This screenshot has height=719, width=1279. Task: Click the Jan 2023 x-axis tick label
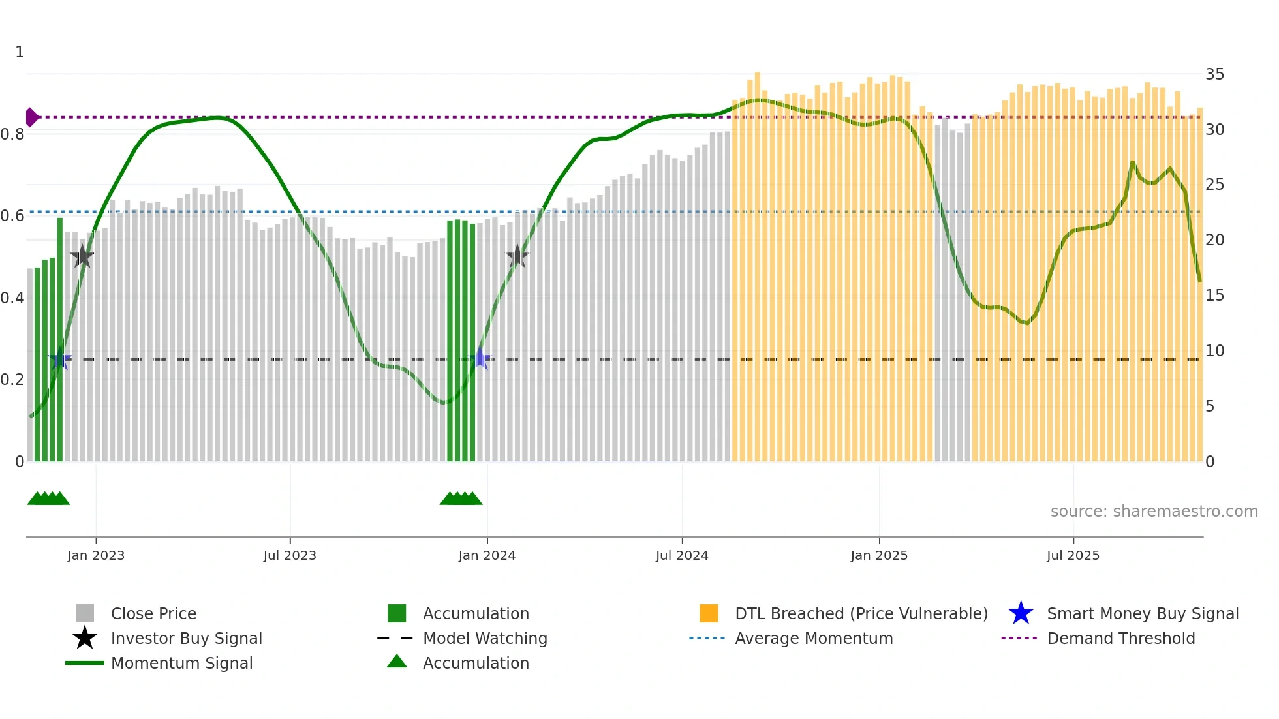coord(96,555)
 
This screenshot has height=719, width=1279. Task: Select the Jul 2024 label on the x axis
coord(682,555)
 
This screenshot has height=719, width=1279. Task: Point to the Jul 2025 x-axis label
coord(1073,555)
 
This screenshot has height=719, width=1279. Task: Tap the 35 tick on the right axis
coord(1214,74)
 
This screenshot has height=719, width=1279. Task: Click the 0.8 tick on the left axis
coord(12,134)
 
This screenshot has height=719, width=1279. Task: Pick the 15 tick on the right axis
coord(1214,296)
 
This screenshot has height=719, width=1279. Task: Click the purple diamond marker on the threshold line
coord(31,117)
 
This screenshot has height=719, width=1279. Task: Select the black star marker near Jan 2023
coord(82,256)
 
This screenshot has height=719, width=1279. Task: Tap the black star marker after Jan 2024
coord(517,256)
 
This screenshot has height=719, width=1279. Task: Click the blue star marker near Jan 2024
coord(481,359)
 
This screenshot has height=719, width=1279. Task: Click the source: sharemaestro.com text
coord(1154,512)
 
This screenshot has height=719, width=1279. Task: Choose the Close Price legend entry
coord(153,613)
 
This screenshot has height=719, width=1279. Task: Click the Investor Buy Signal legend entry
coord(186,638)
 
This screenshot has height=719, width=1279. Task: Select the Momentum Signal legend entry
coord(181,663)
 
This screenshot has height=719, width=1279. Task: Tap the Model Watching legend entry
coord(485,638)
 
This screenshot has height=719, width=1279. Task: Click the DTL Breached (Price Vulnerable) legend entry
coord(861,613)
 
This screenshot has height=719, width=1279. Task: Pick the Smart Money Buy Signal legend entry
coord(1142,613)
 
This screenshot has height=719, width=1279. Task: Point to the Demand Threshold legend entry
coord(1120,638)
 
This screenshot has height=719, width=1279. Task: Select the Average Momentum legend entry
coord(813,638)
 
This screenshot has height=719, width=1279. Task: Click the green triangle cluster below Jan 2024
coord(461,498)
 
